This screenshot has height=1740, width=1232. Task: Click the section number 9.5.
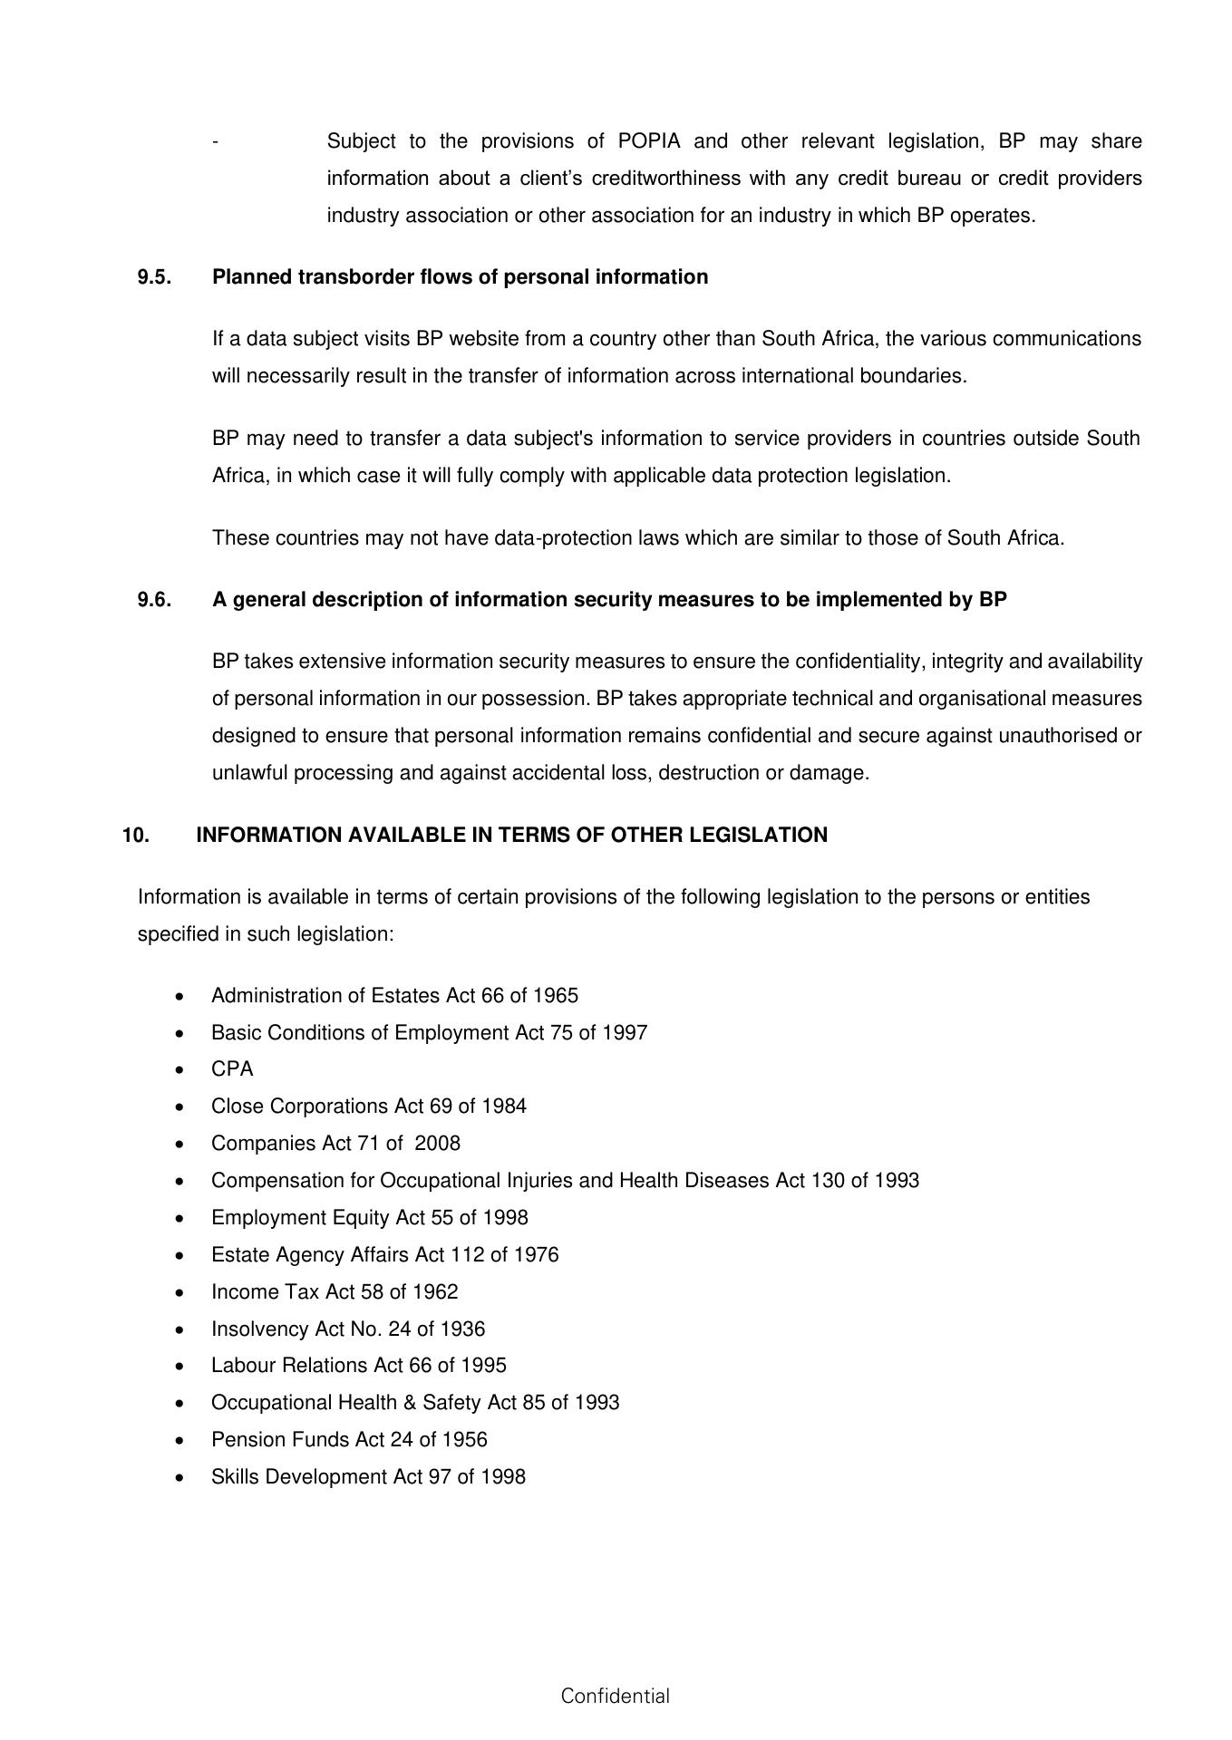154,277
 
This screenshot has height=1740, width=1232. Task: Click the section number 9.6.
154,600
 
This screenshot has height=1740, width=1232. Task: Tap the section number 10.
136,836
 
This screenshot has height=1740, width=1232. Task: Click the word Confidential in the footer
615,1696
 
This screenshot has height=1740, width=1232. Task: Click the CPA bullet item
232,1069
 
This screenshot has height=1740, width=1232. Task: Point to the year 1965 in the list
555,996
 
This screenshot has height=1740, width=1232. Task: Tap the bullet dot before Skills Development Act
183,1478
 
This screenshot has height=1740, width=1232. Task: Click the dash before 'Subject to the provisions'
215,142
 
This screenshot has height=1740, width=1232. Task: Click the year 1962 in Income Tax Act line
435,1292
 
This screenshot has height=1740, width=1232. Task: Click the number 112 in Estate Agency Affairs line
467,1255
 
